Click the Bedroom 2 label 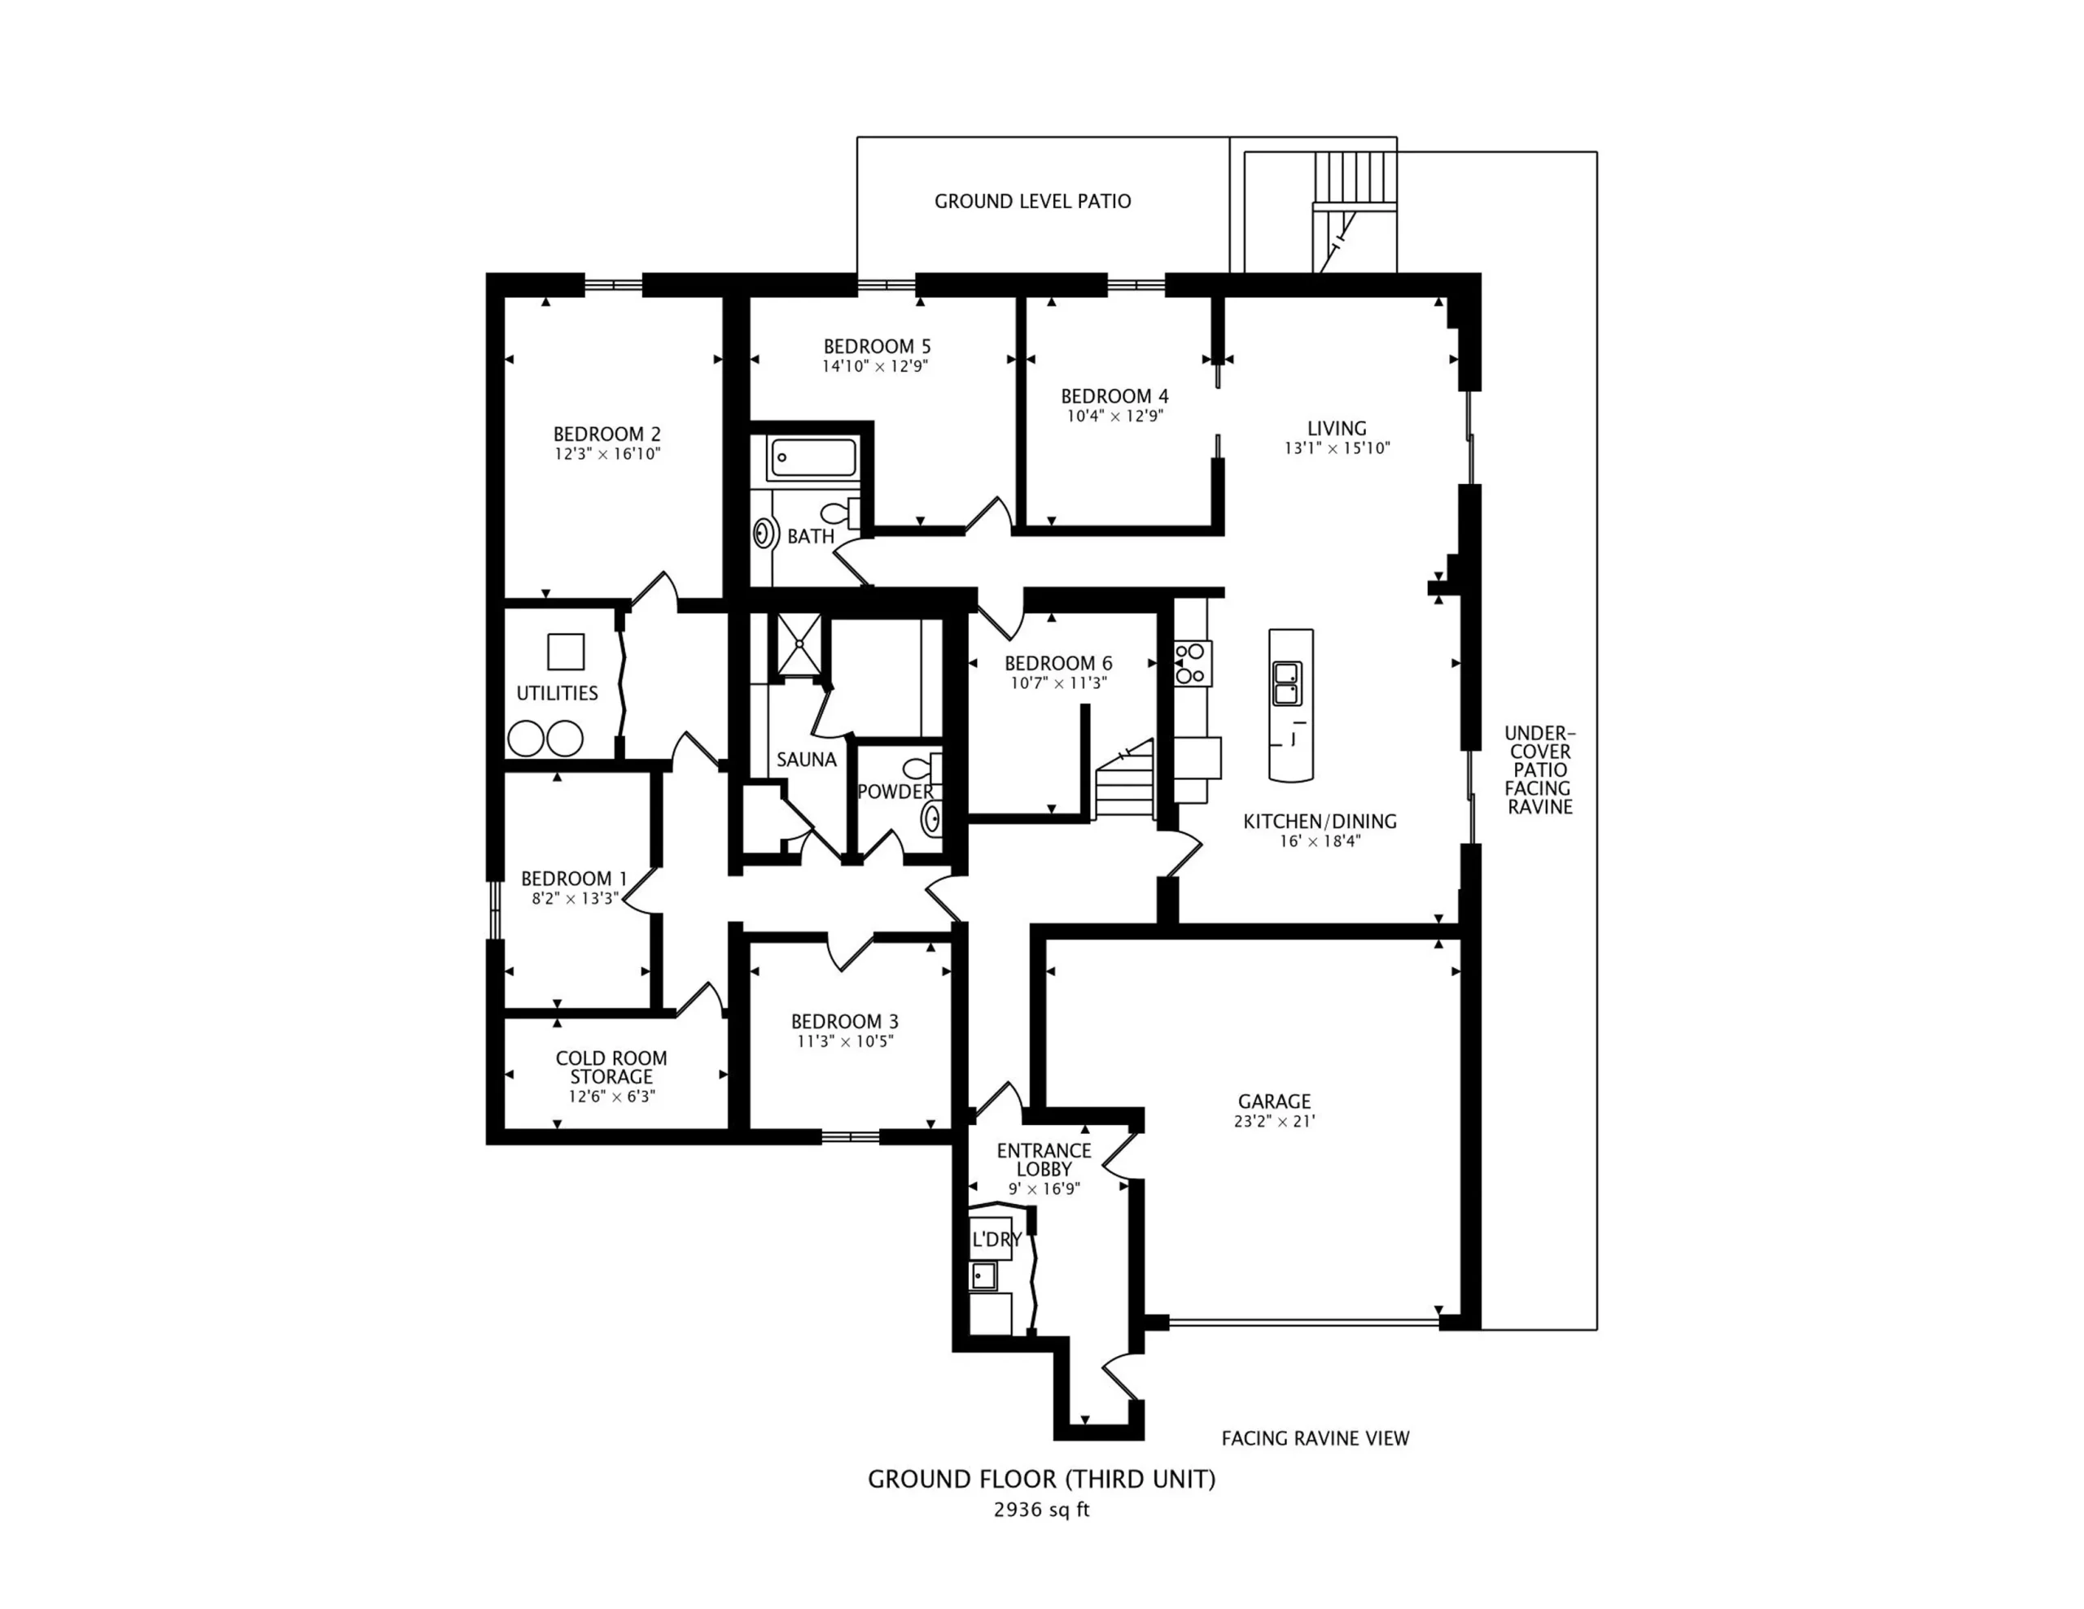(606, 434)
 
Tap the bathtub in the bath (814, 458)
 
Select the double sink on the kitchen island (1286, 683)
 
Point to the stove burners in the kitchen (1192, 663)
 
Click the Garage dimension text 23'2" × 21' (1275, 1122)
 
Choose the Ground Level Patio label (1032, 201)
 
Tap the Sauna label (806, 759)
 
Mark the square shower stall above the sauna (797, 645)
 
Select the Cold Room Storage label (611, 1067)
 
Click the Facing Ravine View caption (1315, 1438)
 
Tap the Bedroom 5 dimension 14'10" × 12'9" (876, 366)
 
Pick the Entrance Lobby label (1044, 1160)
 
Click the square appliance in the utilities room (565, 652)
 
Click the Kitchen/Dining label (1320, 822)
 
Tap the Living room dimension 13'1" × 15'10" (1337, 448)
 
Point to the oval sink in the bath (764, 533)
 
